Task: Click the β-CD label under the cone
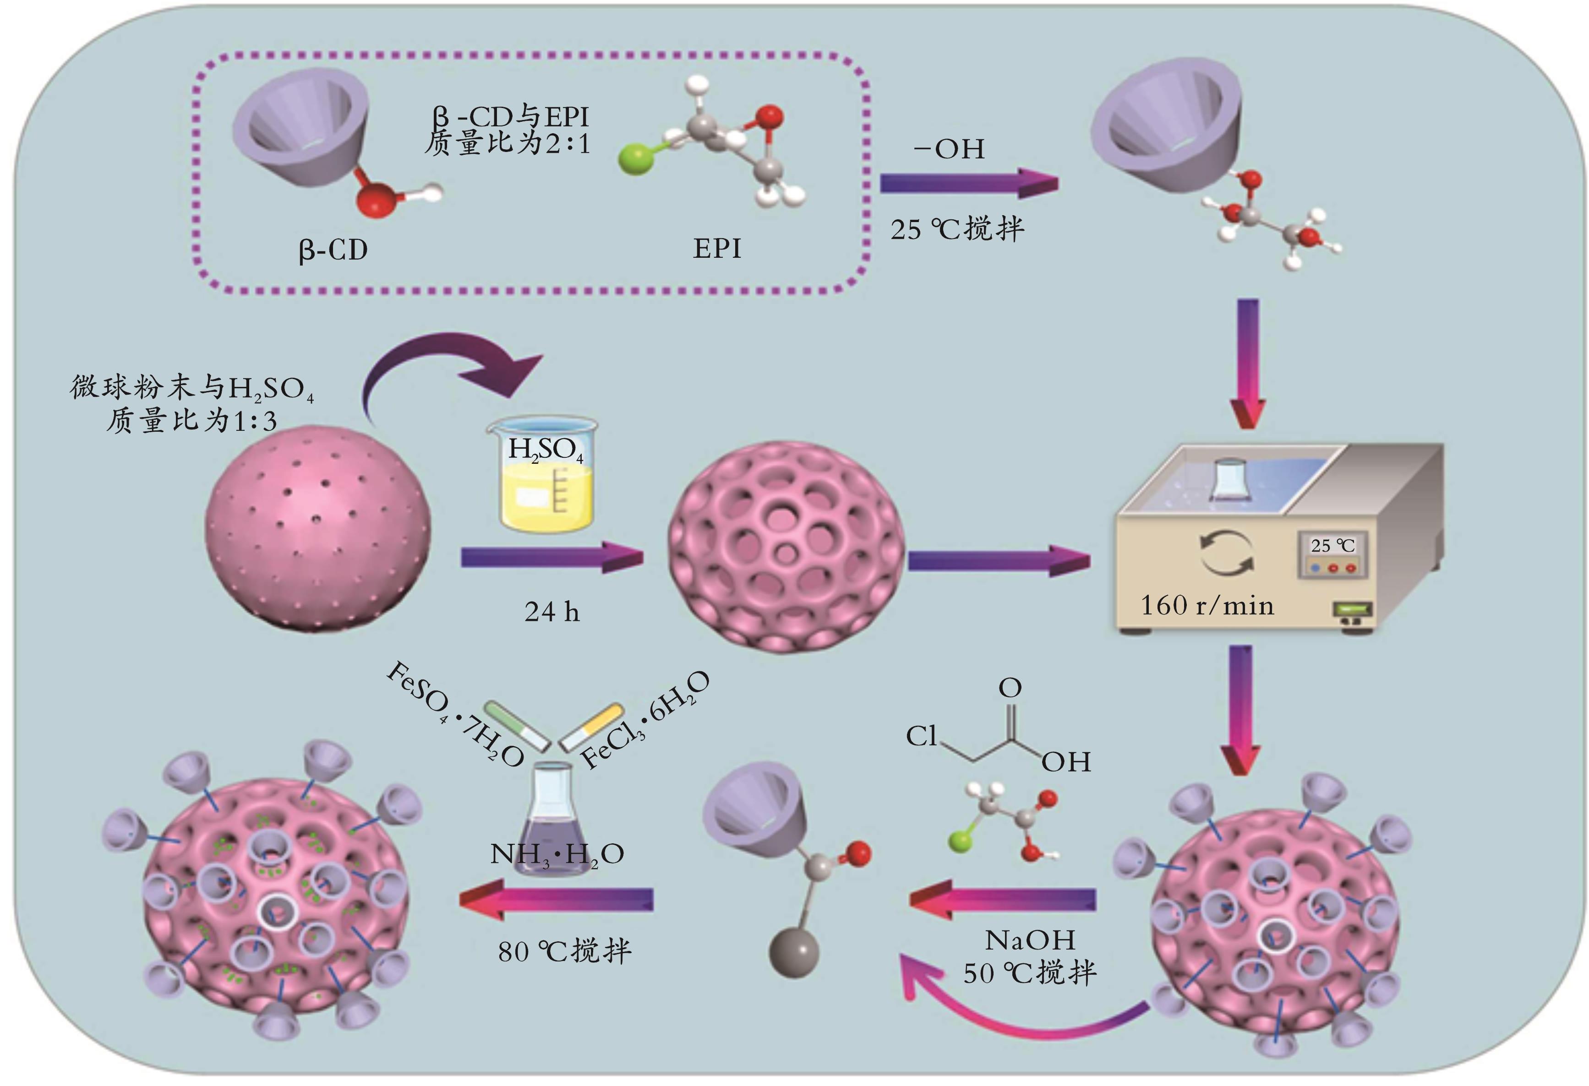(x=333, y=250)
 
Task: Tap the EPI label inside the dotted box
(x=716, y=248)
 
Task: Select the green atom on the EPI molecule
(x=634, y=161)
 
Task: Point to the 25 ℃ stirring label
(x=957, y=229)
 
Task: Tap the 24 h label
(x=552, y=612)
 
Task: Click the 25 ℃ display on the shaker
(x=1332, y=545)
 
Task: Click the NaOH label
(x=1030, y=940)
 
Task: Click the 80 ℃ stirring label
(x=564, y=950)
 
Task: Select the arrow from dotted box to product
(x=968, y=184)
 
